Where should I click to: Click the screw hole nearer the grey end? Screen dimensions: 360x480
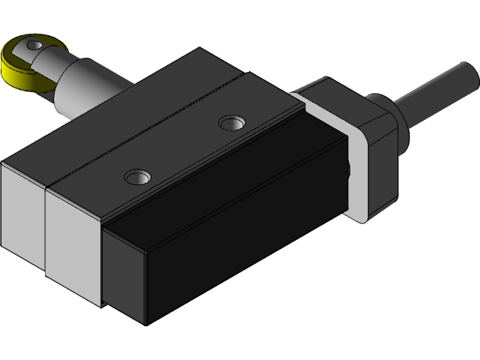tap(136, 177)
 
